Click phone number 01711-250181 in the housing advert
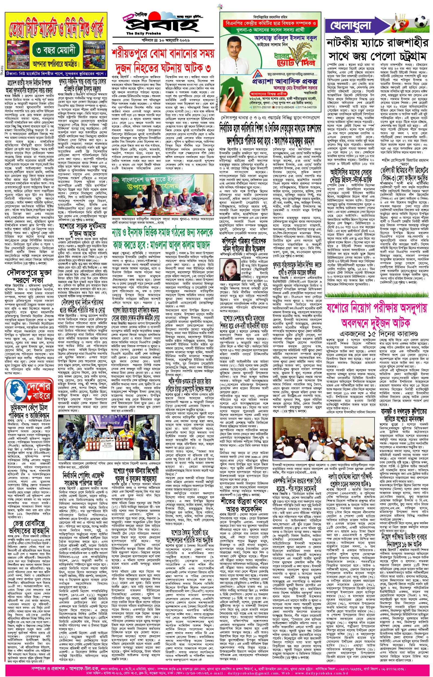tap(261, 107)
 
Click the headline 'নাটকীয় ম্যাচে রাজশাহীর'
tap(377, 43)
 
